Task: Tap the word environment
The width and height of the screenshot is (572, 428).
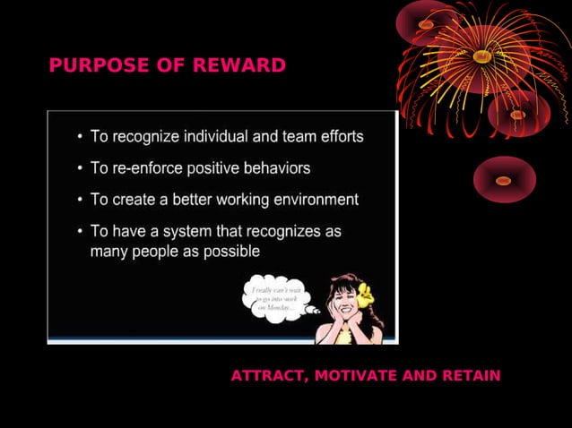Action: pos(310,199)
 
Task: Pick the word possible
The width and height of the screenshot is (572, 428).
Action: pos(231,252)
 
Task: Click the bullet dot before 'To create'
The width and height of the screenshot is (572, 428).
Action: pos(80,200)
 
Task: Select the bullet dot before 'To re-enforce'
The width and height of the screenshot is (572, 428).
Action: pos(80,168)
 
